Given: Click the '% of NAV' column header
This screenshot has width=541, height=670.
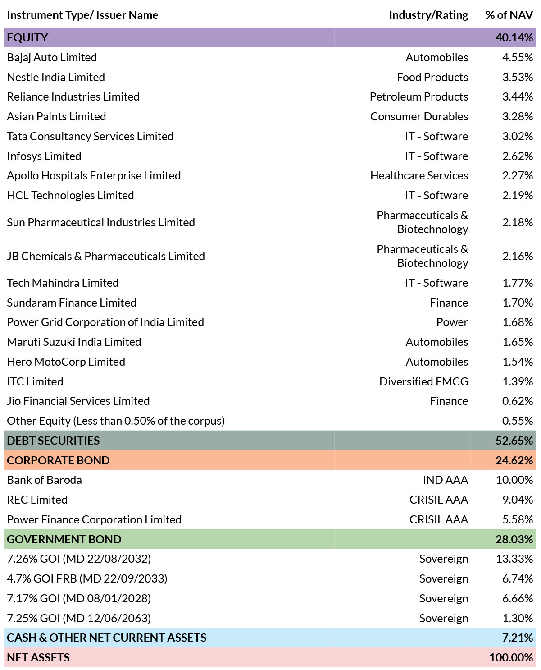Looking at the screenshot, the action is click(x=509, y=15).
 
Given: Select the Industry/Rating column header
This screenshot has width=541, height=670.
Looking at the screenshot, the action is click(x=428, y=15).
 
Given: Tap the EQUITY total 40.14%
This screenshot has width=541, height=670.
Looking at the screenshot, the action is click(x=514, y=37).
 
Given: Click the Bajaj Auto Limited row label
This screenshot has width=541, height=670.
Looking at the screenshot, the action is click(x=52, y=58).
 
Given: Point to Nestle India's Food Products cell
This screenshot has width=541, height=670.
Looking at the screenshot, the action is click(x=432, y=77).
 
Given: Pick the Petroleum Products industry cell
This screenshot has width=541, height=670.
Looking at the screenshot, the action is click(x=419, y=96).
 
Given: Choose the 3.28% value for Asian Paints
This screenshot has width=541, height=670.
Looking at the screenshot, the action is click(x=518, y=116).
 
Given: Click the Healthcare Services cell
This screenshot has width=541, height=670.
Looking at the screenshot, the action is click(x=419, y=175).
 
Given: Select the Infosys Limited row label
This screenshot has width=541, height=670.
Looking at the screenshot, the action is click(x=44, y=156).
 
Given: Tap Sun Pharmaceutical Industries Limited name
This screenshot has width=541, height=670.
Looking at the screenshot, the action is click(x=101, y=222).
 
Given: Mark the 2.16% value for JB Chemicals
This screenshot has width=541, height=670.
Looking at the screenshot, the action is click(x=518, y=256).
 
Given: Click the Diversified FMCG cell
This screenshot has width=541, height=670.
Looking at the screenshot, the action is click(x=423, y=381).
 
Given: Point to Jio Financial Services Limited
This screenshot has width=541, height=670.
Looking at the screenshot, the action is click(x=78, y=401).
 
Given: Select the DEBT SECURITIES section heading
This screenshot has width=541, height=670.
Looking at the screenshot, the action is click(x=53, y=441).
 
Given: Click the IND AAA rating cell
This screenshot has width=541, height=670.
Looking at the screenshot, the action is click(x=445, y=480).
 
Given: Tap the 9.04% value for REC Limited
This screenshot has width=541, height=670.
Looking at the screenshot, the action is click(x=518, y=500).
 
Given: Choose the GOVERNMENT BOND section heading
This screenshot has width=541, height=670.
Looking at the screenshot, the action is click(x=64, y=539).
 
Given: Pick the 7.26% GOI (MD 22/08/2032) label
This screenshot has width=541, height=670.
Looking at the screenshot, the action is click(x=79, y=559).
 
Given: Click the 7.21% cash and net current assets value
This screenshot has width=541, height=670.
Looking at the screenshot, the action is click(x=518, y=638).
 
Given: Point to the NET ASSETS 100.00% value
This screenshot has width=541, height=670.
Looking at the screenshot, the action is click(x=511, y=657).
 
